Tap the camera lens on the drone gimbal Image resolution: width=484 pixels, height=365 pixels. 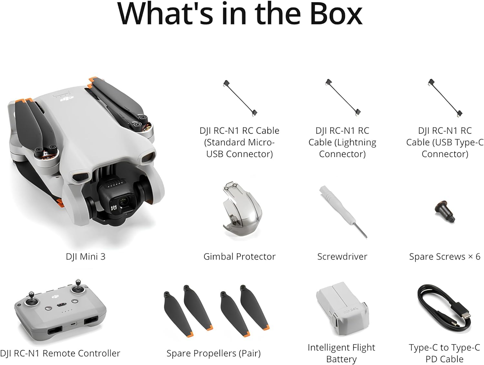(x=123, y=202)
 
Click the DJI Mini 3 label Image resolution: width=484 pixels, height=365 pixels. (x=86, y=257)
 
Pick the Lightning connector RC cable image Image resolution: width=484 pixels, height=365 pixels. (x=343, y=98)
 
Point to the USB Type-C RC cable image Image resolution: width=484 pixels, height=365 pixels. (x=445, y=98)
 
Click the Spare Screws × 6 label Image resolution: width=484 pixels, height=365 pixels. (x=445, y=257)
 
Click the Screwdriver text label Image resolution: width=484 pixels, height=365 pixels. (x=342, y=257)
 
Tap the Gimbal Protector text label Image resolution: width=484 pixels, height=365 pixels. (x=239, y=257)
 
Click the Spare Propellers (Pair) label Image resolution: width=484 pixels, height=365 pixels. (x=214, y=353)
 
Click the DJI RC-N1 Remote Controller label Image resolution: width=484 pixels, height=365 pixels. (x=60, y=353)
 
